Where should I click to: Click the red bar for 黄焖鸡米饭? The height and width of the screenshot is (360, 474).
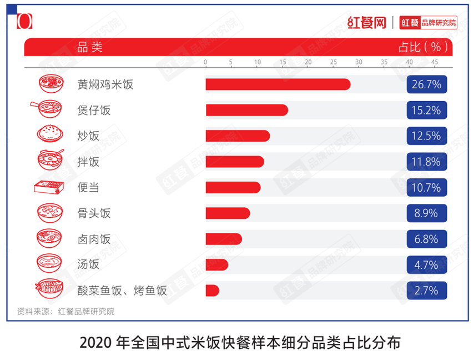click(278, 84)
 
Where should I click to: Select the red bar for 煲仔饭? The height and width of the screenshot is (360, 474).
click(246, 110)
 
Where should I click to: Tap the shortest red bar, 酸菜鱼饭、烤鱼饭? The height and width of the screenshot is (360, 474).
click(212, 291)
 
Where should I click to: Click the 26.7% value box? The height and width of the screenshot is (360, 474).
click(426, 84)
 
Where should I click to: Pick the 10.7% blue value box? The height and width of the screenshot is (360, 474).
click(426, 188)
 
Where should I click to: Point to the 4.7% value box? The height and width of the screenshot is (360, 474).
click(426, 265)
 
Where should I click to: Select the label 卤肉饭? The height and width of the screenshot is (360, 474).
click(94, 239)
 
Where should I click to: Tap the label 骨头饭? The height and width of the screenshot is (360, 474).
click(94, 213)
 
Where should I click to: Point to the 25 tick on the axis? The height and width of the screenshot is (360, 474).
click(333, 62)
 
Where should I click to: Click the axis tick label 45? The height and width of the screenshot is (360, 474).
click(435, 62)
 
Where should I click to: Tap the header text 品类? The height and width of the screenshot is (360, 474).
click(90, 47)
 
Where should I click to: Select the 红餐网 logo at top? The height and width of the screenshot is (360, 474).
click(366, 22)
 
